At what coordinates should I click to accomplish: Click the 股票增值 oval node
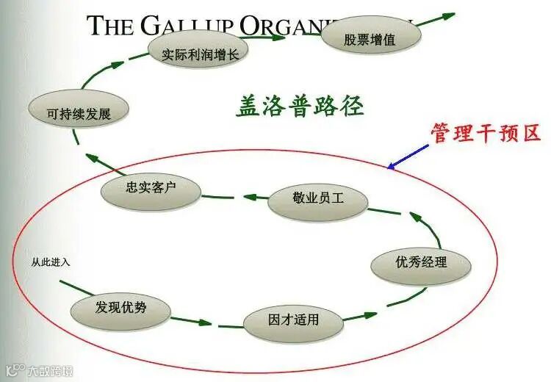370,39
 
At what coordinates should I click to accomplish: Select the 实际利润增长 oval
198,52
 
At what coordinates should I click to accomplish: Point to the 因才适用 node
293,320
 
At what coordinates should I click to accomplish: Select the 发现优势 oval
121,308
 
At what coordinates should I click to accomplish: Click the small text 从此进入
51,261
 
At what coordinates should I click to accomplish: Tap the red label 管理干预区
486,133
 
